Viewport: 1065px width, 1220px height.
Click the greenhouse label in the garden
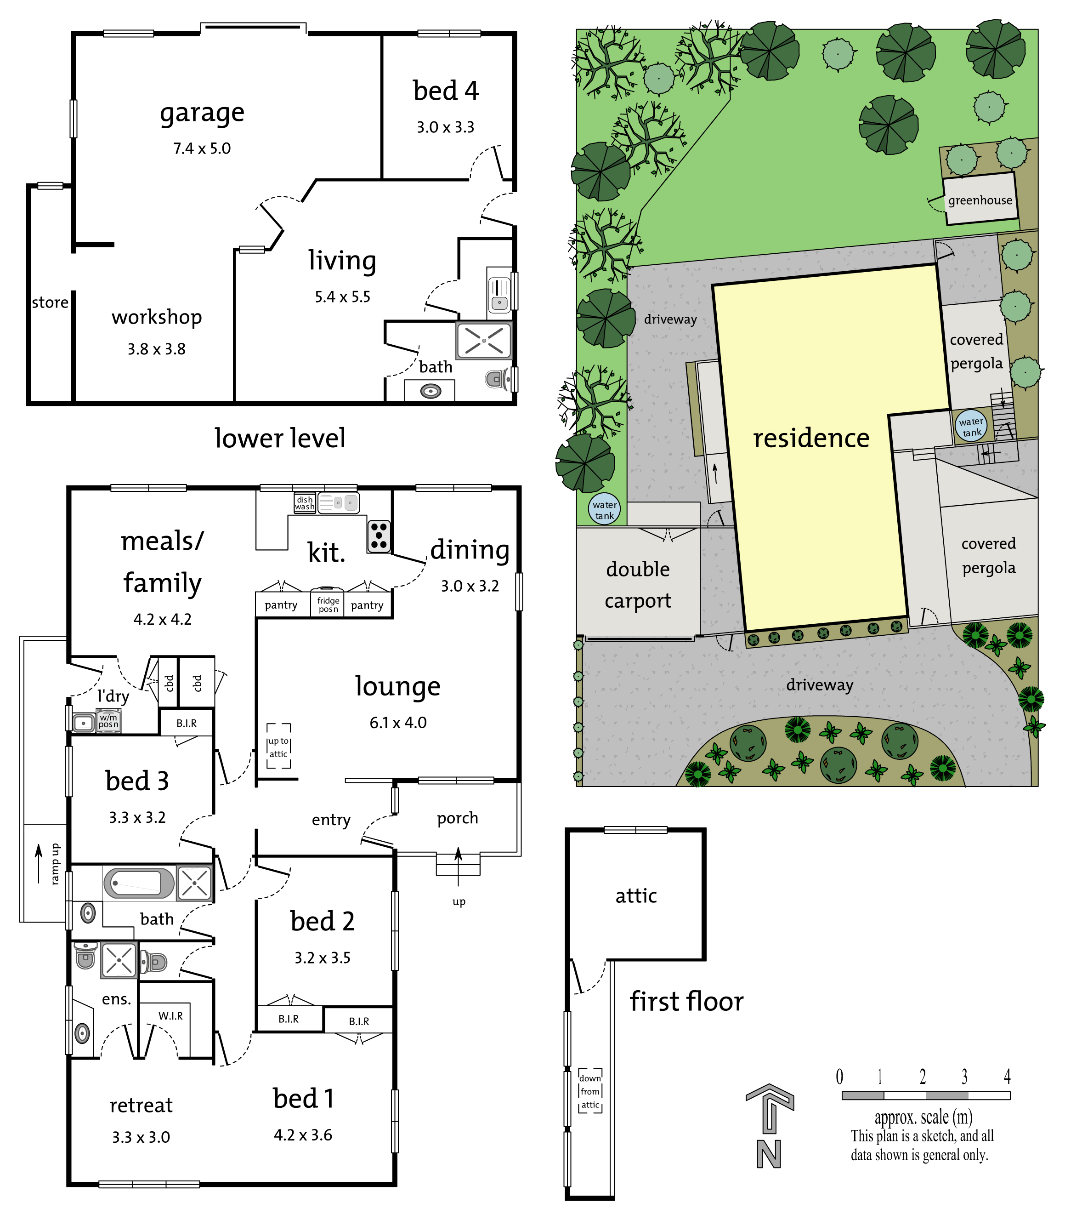(x=980, y=200)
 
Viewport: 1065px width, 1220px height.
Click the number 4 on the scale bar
(x=1008, y=1077)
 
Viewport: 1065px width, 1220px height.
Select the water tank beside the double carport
(x=605, y=509)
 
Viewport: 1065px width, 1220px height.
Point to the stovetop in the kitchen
(x=379, y=536)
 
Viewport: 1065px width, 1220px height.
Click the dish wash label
(x=304, y=503)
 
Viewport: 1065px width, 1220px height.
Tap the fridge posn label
(x=328, y=604)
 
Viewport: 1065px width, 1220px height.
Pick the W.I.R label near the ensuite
(x=170, y=1015)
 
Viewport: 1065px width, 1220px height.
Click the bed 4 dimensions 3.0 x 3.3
(x=445, y=127)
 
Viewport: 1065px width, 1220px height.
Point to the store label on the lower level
(x=50, y=302)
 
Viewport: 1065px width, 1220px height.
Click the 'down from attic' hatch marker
(x=590, y=1091)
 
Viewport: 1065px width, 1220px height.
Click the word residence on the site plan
(x=811, y=438)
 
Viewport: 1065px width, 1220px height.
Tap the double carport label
(x=638, y=585)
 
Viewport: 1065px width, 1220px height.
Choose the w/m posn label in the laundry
(x=109, y=721)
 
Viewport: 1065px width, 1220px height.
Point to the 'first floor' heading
(x=686, y=1001)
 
